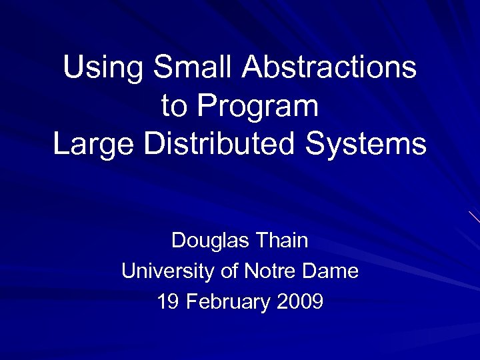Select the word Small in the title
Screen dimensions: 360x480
194,68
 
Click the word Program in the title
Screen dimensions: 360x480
258,107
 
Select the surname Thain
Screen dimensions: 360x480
282,240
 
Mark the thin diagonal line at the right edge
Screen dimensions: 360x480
474,217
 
